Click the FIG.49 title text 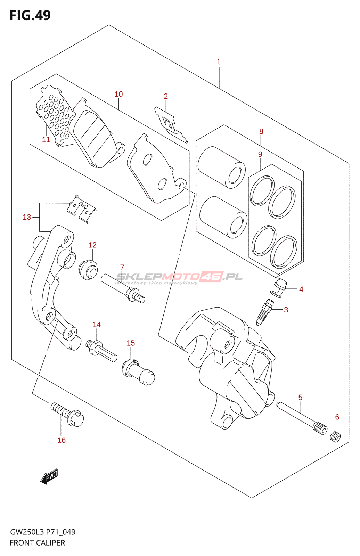[x=30, y=15]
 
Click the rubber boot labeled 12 [x=88, y=270]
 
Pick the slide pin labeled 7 [x=123, y=288]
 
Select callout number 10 [x=119, y=94]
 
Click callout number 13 [x=27, y=217]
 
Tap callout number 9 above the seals [x=260, y=154]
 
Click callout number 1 [x=219, y=62]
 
